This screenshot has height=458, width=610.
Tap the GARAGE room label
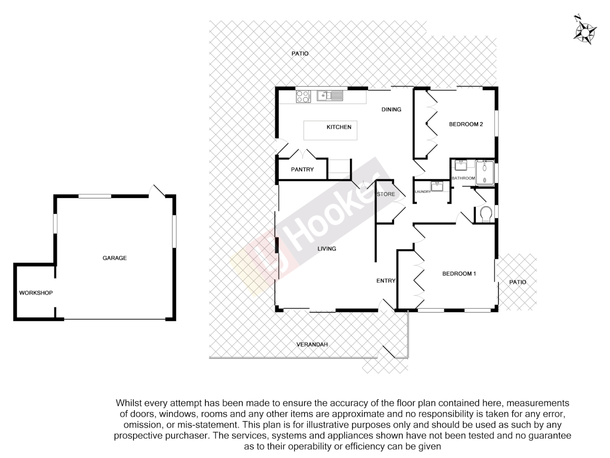tap(114, 258)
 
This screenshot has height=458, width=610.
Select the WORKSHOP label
tap(36, 293)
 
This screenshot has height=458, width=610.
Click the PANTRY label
tap(302, 169)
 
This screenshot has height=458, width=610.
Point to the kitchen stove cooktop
tap(303, 96)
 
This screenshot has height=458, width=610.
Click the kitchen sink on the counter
tap(330, 96)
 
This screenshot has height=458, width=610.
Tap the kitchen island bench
tap(330, 130)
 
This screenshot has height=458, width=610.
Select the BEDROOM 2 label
tap(466, 124)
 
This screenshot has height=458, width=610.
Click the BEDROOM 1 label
tap(459, 274)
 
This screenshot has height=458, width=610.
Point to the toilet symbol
tap(485, 214)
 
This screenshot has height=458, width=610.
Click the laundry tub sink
tap(437, 186)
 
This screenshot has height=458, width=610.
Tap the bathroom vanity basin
tap(460, 165)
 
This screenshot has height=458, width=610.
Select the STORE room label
tap(386, 194)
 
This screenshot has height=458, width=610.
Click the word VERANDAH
tap(312, 344)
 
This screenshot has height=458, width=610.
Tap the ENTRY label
tap(386, 281)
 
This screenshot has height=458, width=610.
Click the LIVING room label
tap(327, 249)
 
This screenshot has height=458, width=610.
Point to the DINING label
tap(391, 109)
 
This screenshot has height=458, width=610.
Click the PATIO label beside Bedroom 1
tap(518, 282)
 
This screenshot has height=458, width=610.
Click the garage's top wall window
tap(95, 196)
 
